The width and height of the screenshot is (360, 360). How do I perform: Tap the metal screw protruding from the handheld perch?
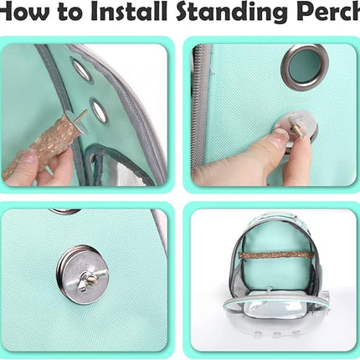[82, 116]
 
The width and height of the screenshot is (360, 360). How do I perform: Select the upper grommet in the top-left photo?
[82, 69]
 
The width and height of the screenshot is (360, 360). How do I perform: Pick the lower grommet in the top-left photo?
[100, 109]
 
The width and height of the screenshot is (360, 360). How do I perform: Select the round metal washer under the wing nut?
[80, 272]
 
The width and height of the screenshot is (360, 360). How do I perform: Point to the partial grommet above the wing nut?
[64, 211]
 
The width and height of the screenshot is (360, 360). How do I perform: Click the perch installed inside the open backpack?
[271, 252]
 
